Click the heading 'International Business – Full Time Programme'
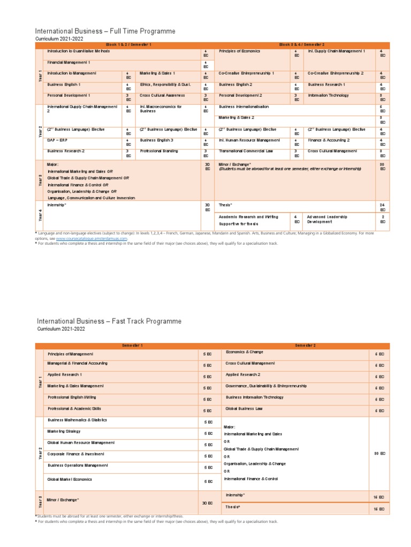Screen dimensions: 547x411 [x=105, y=32]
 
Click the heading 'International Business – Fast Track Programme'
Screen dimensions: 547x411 [x=109, y=321]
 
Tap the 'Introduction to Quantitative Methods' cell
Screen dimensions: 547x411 [x=79, y=51]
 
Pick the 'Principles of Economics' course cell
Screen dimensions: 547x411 [x=240, y=51]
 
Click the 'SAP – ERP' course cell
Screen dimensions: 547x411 [x=58, y=140]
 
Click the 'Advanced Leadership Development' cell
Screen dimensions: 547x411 [x=328, y=220]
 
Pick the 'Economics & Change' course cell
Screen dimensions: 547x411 [x=245, y=353]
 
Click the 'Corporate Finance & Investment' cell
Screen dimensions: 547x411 [x=77, y=454]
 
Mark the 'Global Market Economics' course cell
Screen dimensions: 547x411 [x=70, y=480]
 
